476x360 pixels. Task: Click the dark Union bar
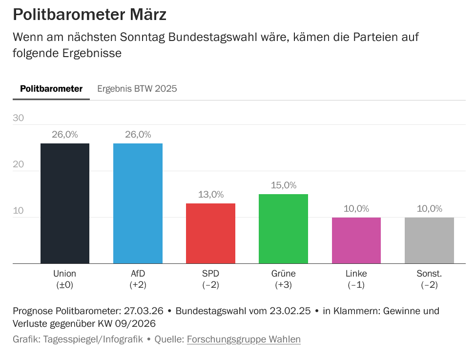[x=65, y=203]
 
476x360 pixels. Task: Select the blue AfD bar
[x=138, y=203]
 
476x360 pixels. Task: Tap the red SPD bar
[x=211, y=233]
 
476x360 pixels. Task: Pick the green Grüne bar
[x=284, y=229]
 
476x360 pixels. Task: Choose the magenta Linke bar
[x=356, y=240]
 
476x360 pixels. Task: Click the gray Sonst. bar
[x=429, y=240]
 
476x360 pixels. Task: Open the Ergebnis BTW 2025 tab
[x=137, y=89]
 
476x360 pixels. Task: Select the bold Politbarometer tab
[x=51, y=89]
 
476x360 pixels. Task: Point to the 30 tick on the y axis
[x=19, y=118]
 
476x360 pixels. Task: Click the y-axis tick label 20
[x=19, y=164]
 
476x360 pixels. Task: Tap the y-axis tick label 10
[x=19, y=211]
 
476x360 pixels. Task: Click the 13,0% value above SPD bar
[x=211, y=195]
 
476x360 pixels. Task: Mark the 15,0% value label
[x=284, y=185]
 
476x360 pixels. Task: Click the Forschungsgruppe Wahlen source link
[x=244, y=339]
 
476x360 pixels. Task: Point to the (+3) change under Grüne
[x=284, y=285]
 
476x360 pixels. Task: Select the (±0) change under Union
[x=65, y=285]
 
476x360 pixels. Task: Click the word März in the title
[x=145, y=15]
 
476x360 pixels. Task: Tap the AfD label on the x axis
[x=138, y=273]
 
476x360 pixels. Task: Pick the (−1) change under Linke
[x=356, y=285]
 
